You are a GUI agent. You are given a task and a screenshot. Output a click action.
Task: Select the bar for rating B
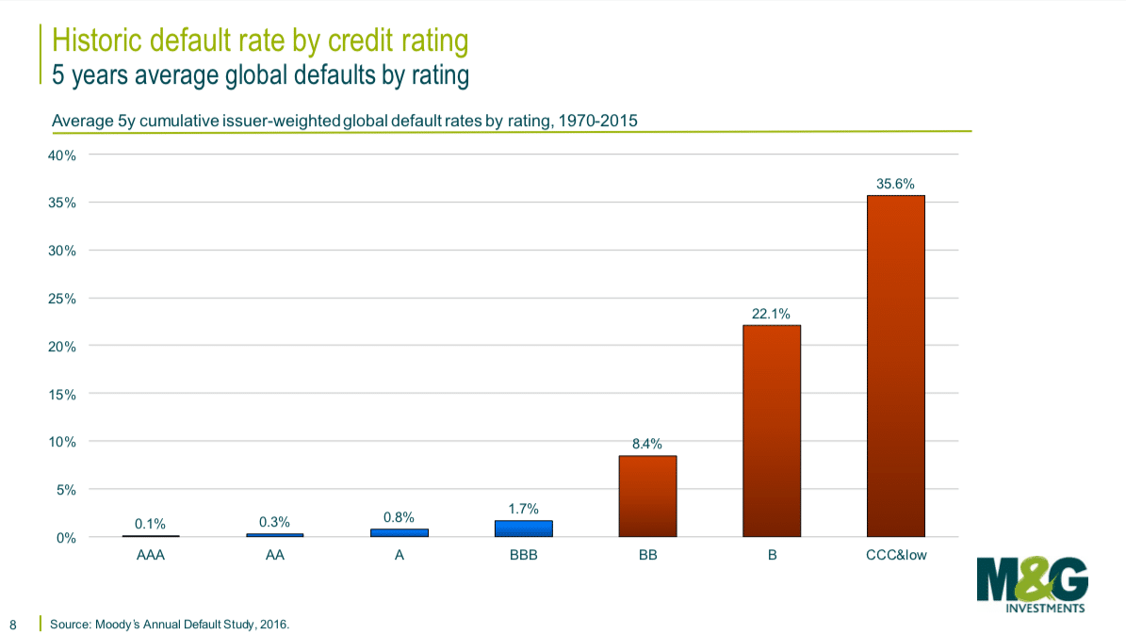(x=772, y=431)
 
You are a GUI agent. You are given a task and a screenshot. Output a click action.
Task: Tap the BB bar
(x=647, y=496)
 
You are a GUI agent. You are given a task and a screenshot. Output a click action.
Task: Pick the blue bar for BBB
(x=523, y=528)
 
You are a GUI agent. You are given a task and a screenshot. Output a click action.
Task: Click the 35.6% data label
(x=895, y=185)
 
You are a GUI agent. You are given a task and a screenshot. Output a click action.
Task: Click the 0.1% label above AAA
(x=151, y=524)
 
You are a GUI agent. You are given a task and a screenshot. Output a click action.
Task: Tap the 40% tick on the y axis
(x=62, y=154)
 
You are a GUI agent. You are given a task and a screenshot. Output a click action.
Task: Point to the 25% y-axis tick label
(x=62, y=299)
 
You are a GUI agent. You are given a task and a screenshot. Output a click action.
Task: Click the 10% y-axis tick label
(x=62, y=442)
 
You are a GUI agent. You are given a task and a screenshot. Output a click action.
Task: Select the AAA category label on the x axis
(x=151, y=556)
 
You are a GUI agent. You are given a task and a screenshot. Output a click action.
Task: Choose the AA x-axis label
(x=275, y=556)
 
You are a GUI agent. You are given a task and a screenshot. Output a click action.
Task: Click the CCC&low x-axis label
(x=895, y=556)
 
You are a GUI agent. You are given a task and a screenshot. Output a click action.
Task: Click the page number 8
(x=13, y=624)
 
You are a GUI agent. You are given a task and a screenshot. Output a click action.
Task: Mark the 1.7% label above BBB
(x=523, y=509)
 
